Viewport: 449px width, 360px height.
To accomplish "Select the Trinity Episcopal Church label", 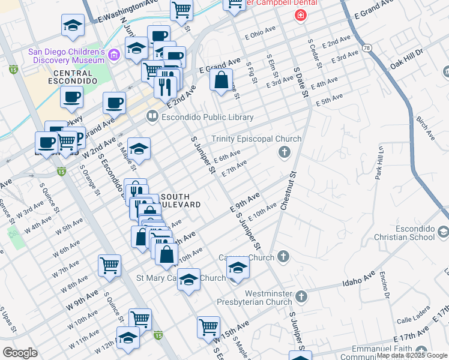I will [x=256, y=139].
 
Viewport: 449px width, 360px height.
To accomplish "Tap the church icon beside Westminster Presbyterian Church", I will [x=301, y=296].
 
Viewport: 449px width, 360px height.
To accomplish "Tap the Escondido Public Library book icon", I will [x=152, y=117].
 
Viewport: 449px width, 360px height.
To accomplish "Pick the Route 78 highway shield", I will [x=365, y=46].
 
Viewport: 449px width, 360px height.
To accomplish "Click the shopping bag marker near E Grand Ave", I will [x=221, y=80].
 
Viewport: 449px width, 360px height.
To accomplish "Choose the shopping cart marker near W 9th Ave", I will [x=110, y=265].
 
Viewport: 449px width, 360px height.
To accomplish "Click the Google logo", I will [x=20, y=353].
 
